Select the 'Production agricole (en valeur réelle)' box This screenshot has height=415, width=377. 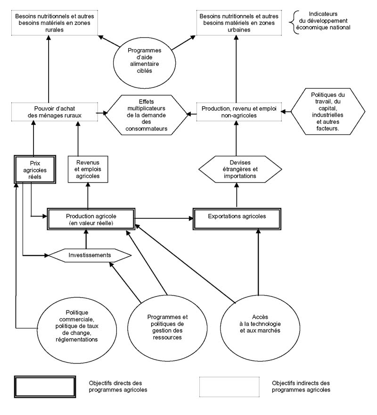coord(90,219)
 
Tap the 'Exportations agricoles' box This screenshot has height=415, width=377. coord(237,217)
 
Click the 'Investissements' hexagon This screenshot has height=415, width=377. coord(90,255)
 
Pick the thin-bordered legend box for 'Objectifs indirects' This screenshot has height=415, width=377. coord(229,387)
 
